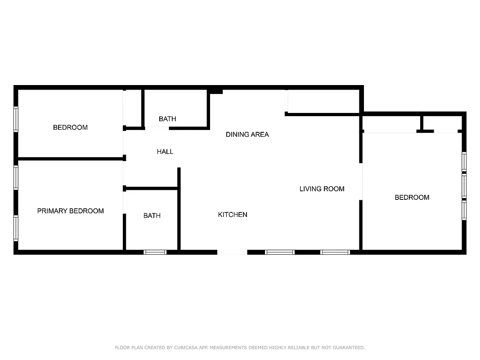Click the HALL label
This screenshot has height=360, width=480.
(165, 152)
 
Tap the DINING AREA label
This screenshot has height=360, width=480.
(247, 135)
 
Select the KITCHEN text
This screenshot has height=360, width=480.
(233, 215)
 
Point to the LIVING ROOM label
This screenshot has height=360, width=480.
(322, 189)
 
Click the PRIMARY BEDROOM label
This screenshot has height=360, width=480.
(70, 211)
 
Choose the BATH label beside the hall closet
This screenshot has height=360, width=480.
(167, 119)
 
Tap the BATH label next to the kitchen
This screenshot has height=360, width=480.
(152, 216)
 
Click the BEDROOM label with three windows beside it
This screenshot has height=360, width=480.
(412, 198)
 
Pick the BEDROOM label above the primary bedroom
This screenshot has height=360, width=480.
(70, 127)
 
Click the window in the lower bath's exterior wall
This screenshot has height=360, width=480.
(155, 252)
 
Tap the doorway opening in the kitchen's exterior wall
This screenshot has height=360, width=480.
(232, 252)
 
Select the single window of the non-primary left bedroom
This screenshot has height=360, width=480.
(16, 119)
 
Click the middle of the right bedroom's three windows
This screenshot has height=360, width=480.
(464, 186)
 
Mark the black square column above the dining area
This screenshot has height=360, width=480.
(216, 91)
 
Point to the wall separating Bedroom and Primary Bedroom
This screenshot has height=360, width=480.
(70, 158)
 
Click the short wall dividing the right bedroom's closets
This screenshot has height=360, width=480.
(422, 123)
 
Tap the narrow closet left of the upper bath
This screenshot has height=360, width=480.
(133, 108)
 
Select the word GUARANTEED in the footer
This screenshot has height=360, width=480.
(348, 347)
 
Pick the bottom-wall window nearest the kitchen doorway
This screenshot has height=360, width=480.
(279, 252)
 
